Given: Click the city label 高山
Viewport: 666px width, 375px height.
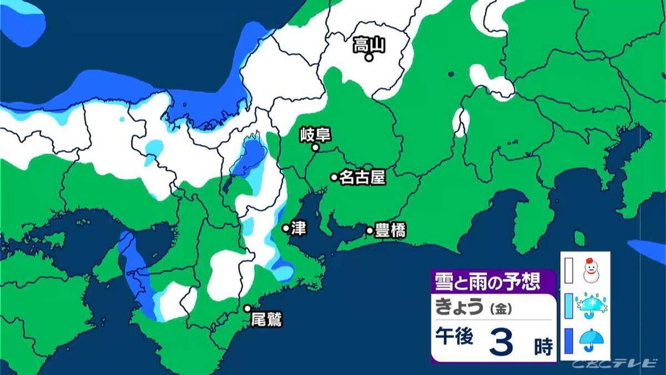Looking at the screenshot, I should coord(369,44).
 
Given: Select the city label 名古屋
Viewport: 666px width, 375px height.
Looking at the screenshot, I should coord(362,177).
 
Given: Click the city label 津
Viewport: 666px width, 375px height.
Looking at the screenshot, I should coord(299,228).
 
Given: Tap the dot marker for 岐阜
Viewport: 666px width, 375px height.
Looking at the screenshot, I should coord(315,148).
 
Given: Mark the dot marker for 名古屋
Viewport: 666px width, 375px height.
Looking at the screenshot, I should coord(334,177).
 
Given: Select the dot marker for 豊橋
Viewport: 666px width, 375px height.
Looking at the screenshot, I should coord(370,230).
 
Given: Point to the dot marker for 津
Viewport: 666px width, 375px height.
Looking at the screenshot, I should coord(286,228).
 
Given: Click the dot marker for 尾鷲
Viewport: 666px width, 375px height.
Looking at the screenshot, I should coord(248,308).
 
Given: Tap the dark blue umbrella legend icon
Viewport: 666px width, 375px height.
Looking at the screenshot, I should coord(592,341).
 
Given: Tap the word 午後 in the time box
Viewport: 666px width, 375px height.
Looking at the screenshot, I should coord(454,339).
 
